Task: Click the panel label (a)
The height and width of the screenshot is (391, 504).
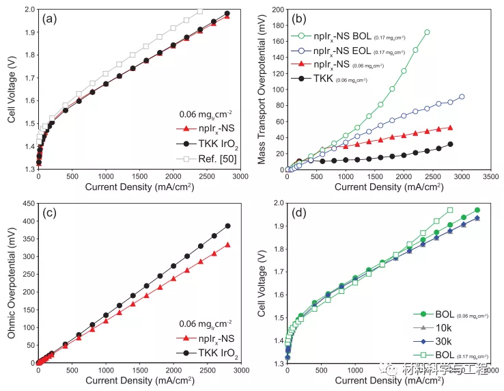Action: (x=48, y=20)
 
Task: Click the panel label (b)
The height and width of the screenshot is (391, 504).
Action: (x=300, y=20)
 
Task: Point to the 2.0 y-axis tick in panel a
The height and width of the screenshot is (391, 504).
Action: (x=27, y=10)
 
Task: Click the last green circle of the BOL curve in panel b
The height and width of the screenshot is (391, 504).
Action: (x=427, y=32)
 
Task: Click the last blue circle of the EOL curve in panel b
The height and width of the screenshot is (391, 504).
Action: (x=462, y=97)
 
